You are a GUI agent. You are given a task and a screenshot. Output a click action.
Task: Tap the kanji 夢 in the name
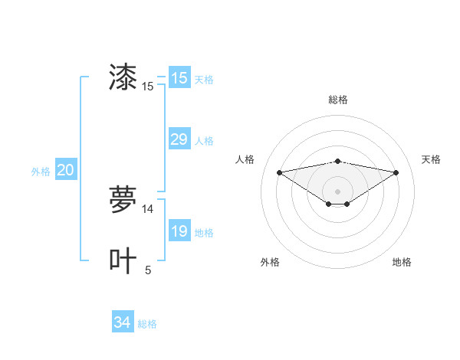[x=123, y=200]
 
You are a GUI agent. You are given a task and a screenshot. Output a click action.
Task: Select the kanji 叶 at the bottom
[x=123, y=260]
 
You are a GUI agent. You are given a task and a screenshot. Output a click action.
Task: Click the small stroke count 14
[x=148, y=209]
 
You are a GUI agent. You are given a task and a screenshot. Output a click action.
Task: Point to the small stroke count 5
[x=148, y=270]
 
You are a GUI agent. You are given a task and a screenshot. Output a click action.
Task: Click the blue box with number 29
[x=179, y=139]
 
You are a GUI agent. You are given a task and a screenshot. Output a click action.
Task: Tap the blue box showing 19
[x=179, y=231]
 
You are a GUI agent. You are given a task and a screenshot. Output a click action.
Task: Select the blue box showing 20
[x=65, y=170]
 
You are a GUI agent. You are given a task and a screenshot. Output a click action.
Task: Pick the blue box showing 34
[x=122, y=322]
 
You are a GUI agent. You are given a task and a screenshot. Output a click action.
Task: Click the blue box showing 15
[x=179, y=78]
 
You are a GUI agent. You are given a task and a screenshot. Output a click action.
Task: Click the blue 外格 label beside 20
[x=41, y=172]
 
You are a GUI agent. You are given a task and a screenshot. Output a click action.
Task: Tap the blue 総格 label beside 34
[x=147, y=324]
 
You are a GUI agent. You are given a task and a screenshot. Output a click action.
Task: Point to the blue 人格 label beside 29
[x=204, y=141]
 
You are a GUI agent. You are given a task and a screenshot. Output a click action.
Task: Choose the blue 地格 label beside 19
[x=204, y=233]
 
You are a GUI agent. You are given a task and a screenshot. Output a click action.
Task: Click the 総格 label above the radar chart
[x=337, y=100]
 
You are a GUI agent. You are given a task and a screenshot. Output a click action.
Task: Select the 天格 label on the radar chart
[x=431, y=159]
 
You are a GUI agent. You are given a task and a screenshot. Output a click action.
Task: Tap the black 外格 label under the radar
[x=270, y=262]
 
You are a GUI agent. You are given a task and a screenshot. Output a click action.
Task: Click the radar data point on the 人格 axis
[x=279, y=172]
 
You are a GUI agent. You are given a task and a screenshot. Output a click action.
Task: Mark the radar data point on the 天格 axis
[x=396, y=172]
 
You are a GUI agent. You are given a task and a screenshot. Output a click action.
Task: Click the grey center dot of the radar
[x=337, y=191]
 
